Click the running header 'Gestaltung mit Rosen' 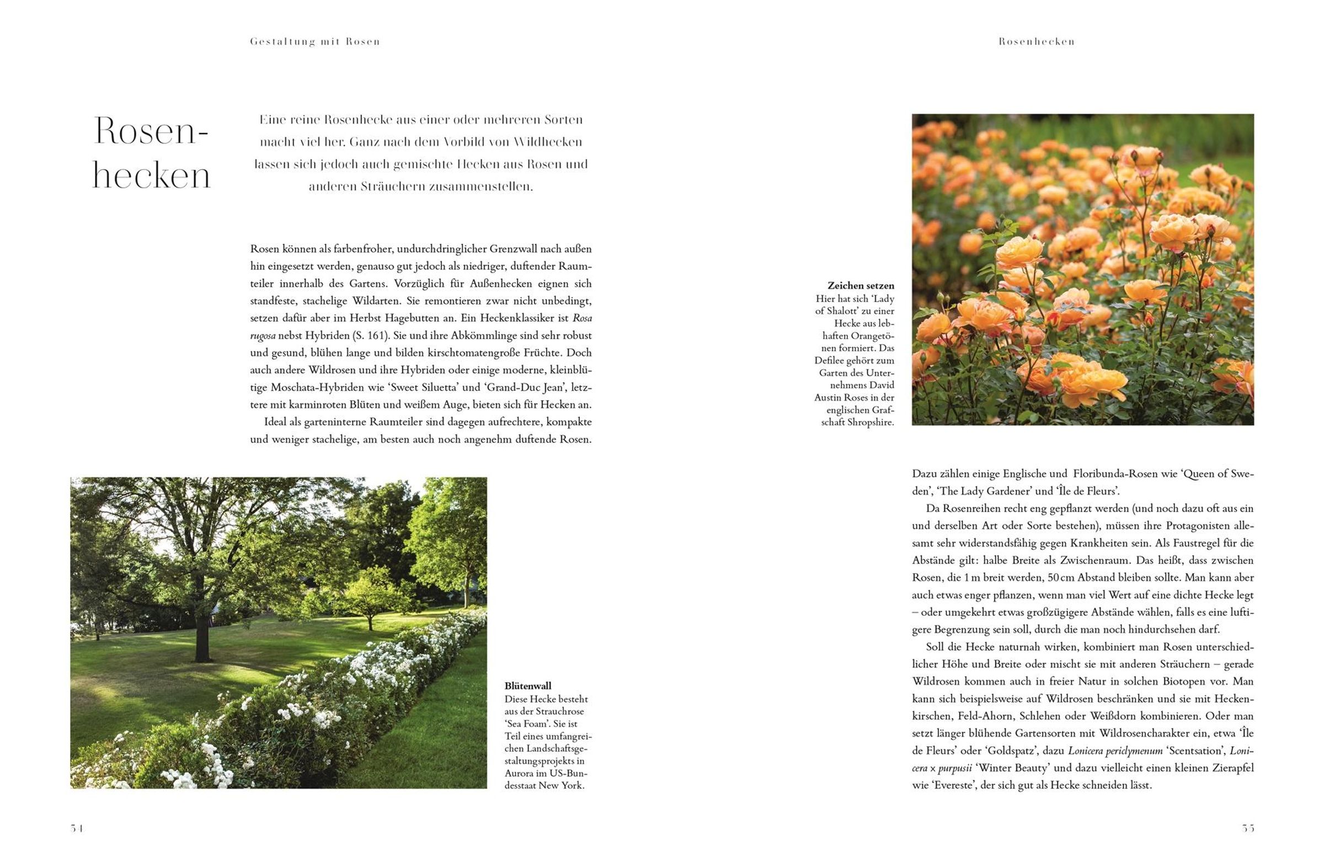315,42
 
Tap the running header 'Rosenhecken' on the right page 1037,42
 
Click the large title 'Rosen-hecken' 151,153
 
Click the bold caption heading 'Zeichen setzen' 861,286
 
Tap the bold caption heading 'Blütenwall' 528,686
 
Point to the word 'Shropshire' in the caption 867,422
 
